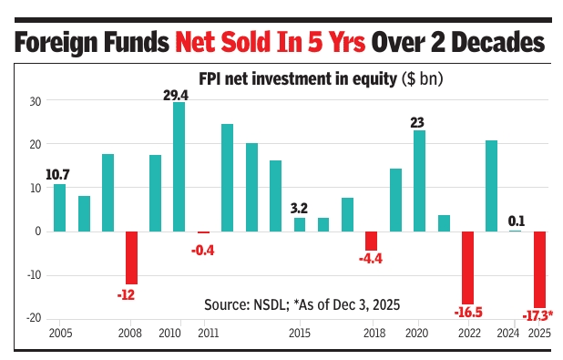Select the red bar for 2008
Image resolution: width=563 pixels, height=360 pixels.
131,258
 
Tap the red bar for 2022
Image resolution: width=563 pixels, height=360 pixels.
467,267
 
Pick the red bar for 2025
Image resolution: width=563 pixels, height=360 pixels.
539,269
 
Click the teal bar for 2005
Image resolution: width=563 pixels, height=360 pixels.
59,208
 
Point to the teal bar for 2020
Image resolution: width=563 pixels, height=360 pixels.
419,180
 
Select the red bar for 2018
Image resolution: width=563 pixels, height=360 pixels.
371,241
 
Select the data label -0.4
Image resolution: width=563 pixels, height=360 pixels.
202,249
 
